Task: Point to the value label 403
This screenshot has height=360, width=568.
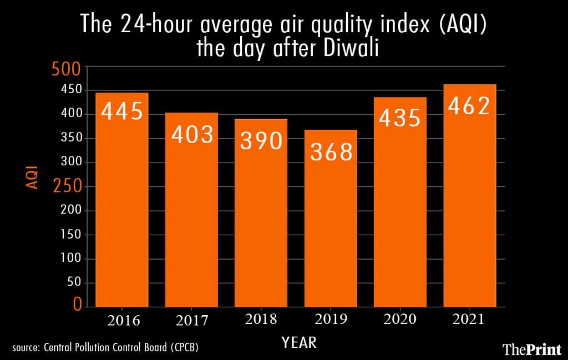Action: click(192, 135)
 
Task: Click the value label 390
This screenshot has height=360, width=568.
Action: click(261, 141)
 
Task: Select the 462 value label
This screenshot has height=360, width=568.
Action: click(469, 105)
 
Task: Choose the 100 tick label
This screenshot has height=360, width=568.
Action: click(70, 259)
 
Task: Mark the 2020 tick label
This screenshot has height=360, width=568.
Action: click(400, 320)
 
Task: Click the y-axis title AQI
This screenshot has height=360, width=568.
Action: click(33, 177)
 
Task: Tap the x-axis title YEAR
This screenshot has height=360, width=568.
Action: click(299, 342)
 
